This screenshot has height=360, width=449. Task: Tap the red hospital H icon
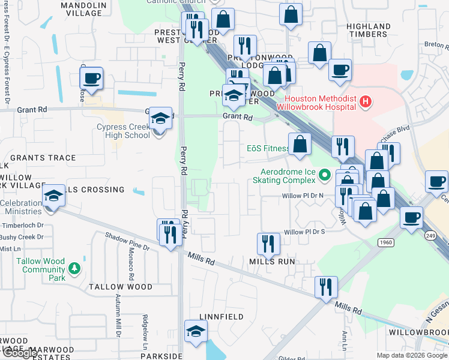366,103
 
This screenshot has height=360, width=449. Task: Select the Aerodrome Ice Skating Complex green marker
325,175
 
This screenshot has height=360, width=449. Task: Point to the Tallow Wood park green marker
74,268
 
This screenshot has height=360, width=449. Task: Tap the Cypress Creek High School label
123,131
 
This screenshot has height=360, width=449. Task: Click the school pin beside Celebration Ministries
53,196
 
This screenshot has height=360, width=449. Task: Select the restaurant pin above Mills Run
268,244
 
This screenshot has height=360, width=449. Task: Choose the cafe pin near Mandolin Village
92,79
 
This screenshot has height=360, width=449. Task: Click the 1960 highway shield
386,242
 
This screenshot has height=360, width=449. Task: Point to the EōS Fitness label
268,149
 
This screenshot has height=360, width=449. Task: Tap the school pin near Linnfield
196,332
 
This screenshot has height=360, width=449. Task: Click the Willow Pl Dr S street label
304,232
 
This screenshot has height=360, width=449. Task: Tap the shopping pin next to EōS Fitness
300,144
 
